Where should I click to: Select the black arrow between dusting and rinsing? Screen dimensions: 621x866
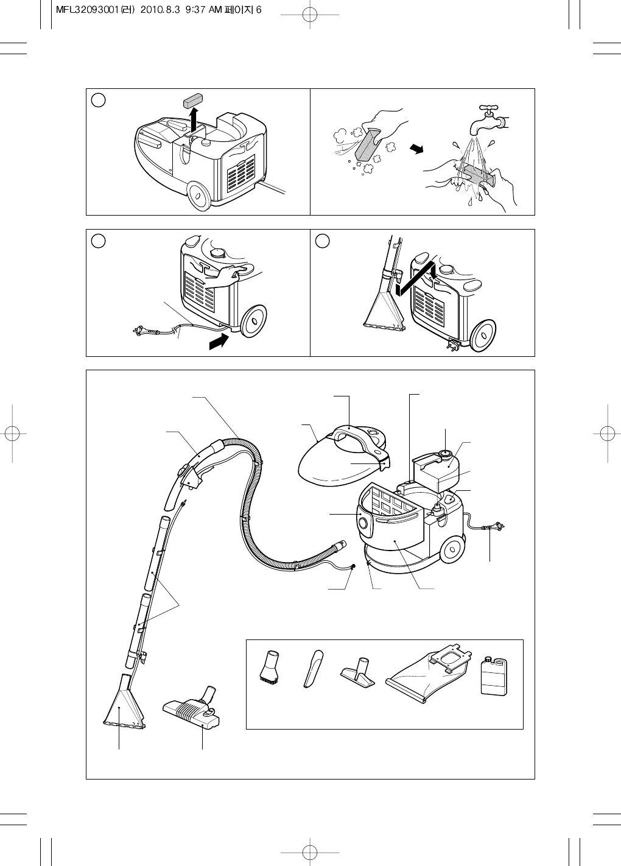(x=416, y=149)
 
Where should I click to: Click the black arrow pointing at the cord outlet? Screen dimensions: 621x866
(x=219, y=342)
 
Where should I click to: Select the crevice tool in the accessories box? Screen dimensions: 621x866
(x=313, y=669)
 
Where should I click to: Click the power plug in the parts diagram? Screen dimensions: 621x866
(x=494, y=526)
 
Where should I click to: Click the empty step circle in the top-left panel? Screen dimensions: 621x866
(x=99, y=100)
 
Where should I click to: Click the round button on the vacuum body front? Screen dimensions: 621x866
(x=363, y=524)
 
